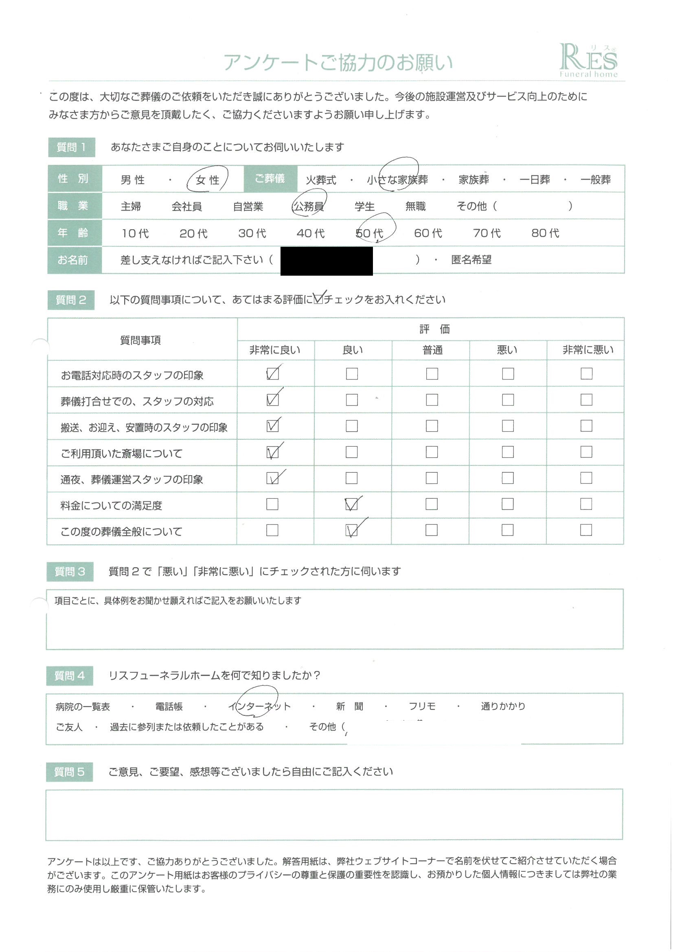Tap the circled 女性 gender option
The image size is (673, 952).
coord(207,180)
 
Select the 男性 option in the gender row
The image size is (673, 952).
coord(133,180)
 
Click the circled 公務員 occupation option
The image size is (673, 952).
coord(309,206)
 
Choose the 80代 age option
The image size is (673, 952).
coord(545,233)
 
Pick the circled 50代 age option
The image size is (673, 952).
coord(369,233)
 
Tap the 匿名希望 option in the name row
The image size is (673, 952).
coord(471,260)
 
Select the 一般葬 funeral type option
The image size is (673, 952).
coord(596,180)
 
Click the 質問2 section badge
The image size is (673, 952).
coord(71,300)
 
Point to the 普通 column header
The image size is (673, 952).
coord(432,350)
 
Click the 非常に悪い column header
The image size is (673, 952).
coord(588,350)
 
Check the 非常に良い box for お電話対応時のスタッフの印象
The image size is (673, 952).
coord(272,373)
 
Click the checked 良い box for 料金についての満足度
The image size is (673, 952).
coord(352,504)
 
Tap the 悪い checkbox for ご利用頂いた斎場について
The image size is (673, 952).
coord(508,452)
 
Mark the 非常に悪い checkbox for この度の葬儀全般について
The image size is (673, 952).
coord(586,530)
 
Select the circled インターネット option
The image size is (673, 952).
coord(260,706)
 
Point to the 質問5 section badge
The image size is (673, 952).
coord(69,772)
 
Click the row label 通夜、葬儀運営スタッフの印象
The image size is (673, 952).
coord(132,480)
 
